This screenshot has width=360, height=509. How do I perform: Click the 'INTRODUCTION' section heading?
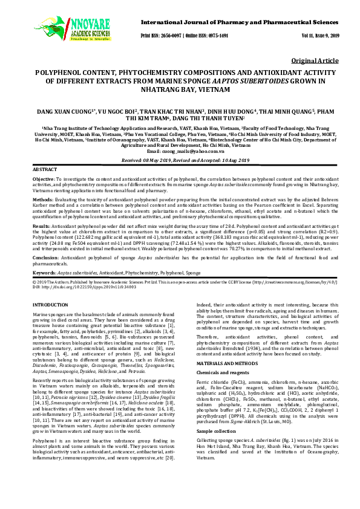pos(50,306)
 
